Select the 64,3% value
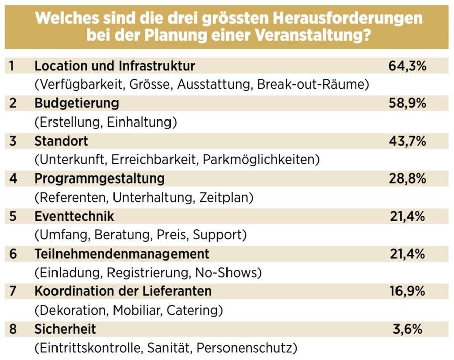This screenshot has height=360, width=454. pyautogui.click(x=408, y=66)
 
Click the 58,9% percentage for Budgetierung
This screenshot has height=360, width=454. pyautogui.click(x=408, y=103)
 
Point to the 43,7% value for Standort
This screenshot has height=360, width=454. pyautogui.click(x=408, y=141)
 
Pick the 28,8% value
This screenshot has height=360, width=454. pyautogui.click(x=408, y=178)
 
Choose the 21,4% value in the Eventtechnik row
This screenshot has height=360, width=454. pyautogui.click(x=408, y=216)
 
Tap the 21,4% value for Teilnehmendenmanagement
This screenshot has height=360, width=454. pyautogui.click(x=408, y=254)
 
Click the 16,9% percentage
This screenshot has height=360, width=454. pyautogui.click(x=408, y=291)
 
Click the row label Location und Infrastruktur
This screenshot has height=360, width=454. pyautogui.click(x=115, y=66)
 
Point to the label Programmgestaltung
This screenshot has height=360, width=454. pyautogui.click(x=100, y=178)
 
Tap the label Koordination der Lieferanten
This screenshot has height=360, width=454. pyautogui.click(x=123, y=291)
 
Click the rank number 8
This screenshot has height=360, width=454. pyautogui.click(x=13, y=329)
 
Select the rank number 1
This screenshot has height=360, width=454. pyautogui.click(x=13, y=66)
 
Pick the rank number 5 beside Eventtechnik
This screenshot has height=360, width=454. pyautogui.click(x=13, y=216)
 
